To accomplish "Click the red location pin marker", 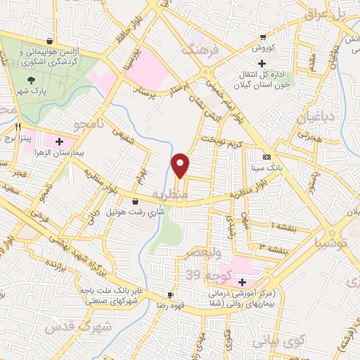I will coord(181,165).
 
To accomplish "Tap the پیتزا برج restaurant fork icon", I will coord(19,127).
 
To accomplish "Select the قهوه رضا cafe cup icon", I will coord(169,295).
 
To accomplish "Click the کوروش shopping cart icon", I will coord(263,37).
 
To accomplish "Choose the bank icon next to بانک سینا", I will coord(266,157).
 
